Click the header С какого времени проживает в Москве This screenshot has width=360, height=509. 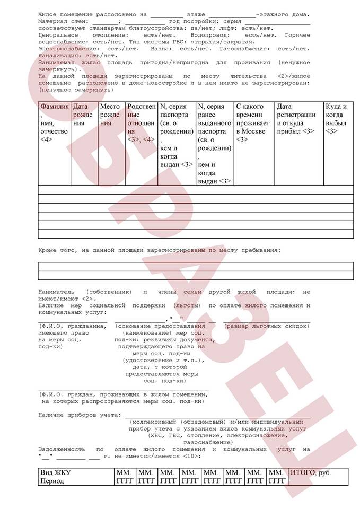pyautogui.click(x=253, y=122)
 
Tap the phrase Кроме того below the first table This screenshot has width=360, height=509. pyautogui.click(x=57, y=249)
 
